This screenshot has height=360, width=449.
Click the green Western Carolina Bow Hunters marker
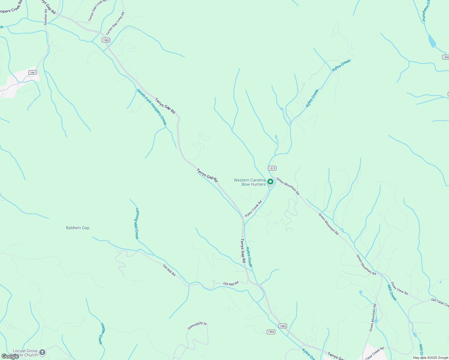(x=270, y=182)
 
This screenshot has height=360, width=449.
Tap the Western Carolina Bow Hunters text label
(x=250, y=182)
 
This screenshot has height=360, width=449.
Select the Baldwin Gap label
(x=77, y=228)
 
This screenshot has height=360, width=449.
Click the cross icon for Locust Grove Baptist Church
(x=42, y=352)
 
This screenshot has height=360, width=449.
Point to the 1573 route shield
(x=272, y=168)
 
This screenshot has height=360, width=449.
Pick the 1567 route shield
(x=33, y=73)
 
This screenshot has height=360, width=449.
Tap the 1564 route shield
(x=271, y=331)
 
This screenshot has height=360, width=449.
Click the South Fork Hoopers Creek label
(x=152, y=107)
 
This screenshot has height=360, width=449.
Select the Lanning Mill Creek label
(x=137, y=223)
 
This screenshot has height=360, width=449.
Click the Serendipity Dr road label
(x=197, y=326)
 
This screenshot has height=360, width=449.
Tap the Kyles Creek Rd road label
(x=253, y=208)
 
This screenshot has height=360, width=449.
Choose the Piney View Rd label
(x=399, y=288)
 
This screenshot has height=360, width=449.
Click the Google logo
(x=10, y=356)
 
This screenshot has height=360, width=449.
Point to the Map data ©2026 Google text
(x=430, y=357)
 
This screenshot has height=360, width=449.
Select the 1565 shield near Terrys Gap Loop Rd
(x=106, y=40)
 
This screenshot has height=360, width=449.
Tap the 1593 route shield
(x=445, y=57)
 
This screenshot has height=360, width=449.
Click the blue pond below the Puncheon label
(x=432, y=41)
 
